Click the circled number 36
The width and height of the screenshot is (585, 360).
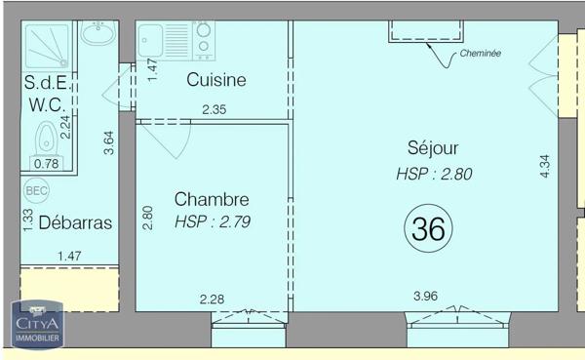428,229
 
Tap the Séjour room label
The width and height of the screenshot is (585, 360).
433,148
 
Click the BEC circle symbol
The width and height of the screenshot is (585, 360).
36,191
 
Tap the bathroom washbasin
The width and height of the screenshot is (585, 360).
97,36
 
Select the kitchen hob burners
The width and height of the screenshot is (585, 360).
204,39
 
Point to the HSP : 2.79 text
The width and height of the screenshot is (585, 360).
213,221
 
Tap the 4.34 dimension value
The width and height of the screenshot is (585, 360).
545,166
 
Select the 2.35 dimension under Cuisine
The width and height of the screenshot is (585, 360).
214,110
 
